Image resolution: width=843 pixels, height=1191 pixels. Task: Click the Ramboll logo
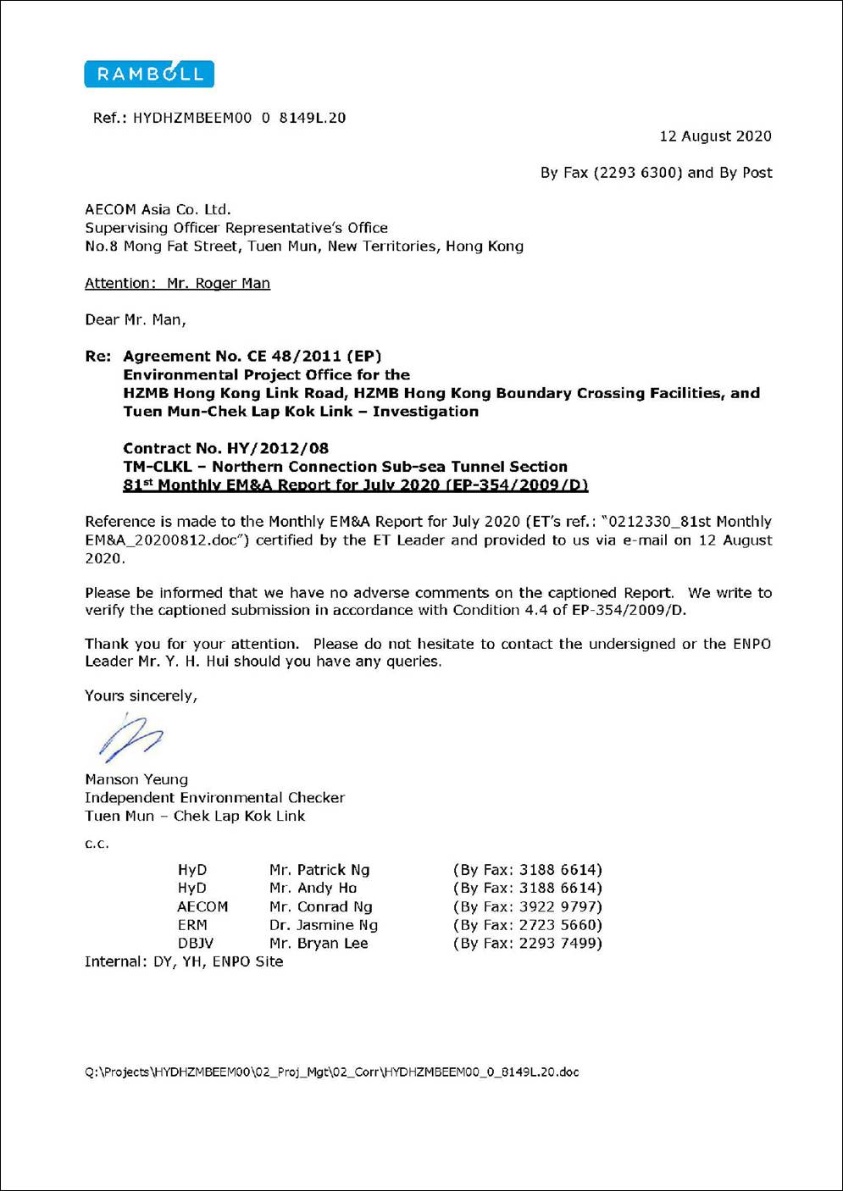point(149,75)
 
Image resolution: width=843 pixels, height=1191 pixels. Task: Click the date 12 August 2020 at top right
point(715,136)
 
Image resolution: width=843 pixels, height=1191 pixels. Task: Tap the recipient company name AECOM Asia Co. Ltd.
point(158,209)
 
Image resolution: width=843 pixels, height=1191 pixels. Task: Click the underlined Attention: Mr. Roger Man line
point(177,283)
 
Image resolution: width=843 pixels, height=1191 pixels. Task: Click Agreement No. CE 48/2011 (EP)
point(252,356)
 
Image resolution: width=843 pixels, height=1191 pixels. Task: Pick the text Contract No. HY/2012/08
point(225,448)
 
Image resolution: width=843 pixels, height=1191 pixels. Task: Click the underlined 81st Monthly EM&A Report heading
point(355,485)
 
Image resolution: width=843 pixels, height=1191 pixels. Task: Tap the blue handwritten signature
point(130,737)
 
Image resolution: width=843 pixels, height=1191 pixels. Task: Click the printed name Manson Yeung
point(136,779)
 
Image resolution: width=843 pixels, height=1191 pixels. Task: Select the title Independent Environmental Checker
point(214,797)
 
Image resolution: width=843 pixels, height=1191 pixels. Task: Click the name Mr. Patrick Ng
point(319,870)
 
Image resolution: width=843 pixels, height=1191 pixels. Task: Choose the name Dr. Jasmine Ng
point(323,925)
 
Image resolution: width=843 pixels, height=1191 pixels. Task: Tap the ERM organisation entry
point(192,925)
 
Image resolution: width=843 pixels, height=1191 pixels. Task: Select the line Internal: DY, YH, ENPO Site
point(184,961)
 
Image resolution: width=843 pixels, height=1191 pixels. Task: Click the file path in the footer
point(331,1072)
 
